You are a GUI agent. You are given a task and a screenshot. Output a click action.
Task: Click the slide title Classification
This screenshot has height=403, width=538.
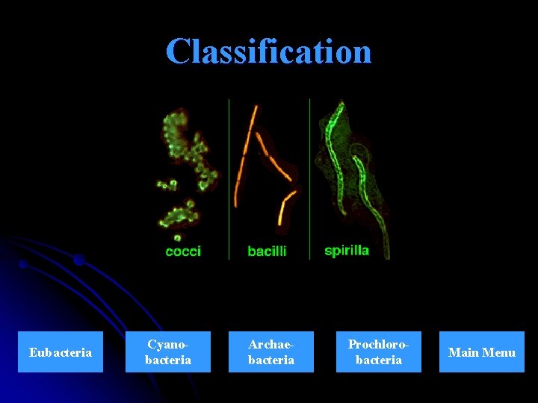268,51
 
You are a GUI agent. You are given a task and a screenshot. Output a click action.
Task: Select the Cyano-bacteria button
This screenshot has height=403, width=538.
168,352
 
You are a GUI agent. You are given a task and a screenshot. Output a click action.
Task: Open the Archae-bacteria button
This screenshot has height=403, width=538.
270,352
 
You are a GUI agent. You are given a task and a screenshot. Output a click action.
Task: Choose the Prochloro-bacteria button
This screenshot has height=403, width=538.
378,352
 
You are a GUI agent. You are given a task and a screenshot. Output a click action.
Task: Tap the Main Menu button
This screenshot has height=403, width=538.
481,352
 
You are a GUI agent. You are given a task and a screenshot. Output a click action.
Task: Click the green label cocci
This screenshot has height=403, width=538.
183,252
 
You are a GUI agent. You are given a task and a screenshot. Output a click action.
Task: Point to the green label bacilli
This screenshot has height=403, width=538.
267,252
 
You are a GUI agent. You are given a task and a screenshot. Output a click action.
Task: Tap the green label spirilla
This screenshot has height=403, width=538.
347,251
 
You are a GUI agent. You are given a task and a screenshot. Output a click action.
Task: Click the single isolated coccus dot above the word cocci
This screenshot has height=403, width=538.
177,237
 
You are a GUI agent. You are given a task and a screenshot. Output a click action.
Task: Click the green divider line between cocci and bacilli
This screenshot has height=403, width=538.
229,179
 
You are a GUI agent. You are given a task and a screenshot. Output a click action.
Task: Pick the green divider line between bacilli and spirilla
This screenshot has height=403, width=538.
309,179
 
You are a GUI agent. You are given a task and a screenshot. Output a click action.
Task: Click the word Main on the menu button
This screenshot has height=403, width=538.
463,352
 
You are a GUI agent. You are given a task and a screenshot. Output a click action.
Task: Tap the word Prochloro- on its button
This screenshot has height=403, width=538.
379,344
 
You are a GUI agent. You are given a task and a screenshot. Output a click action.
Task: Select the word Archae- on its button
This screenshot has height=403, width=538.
270,344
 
